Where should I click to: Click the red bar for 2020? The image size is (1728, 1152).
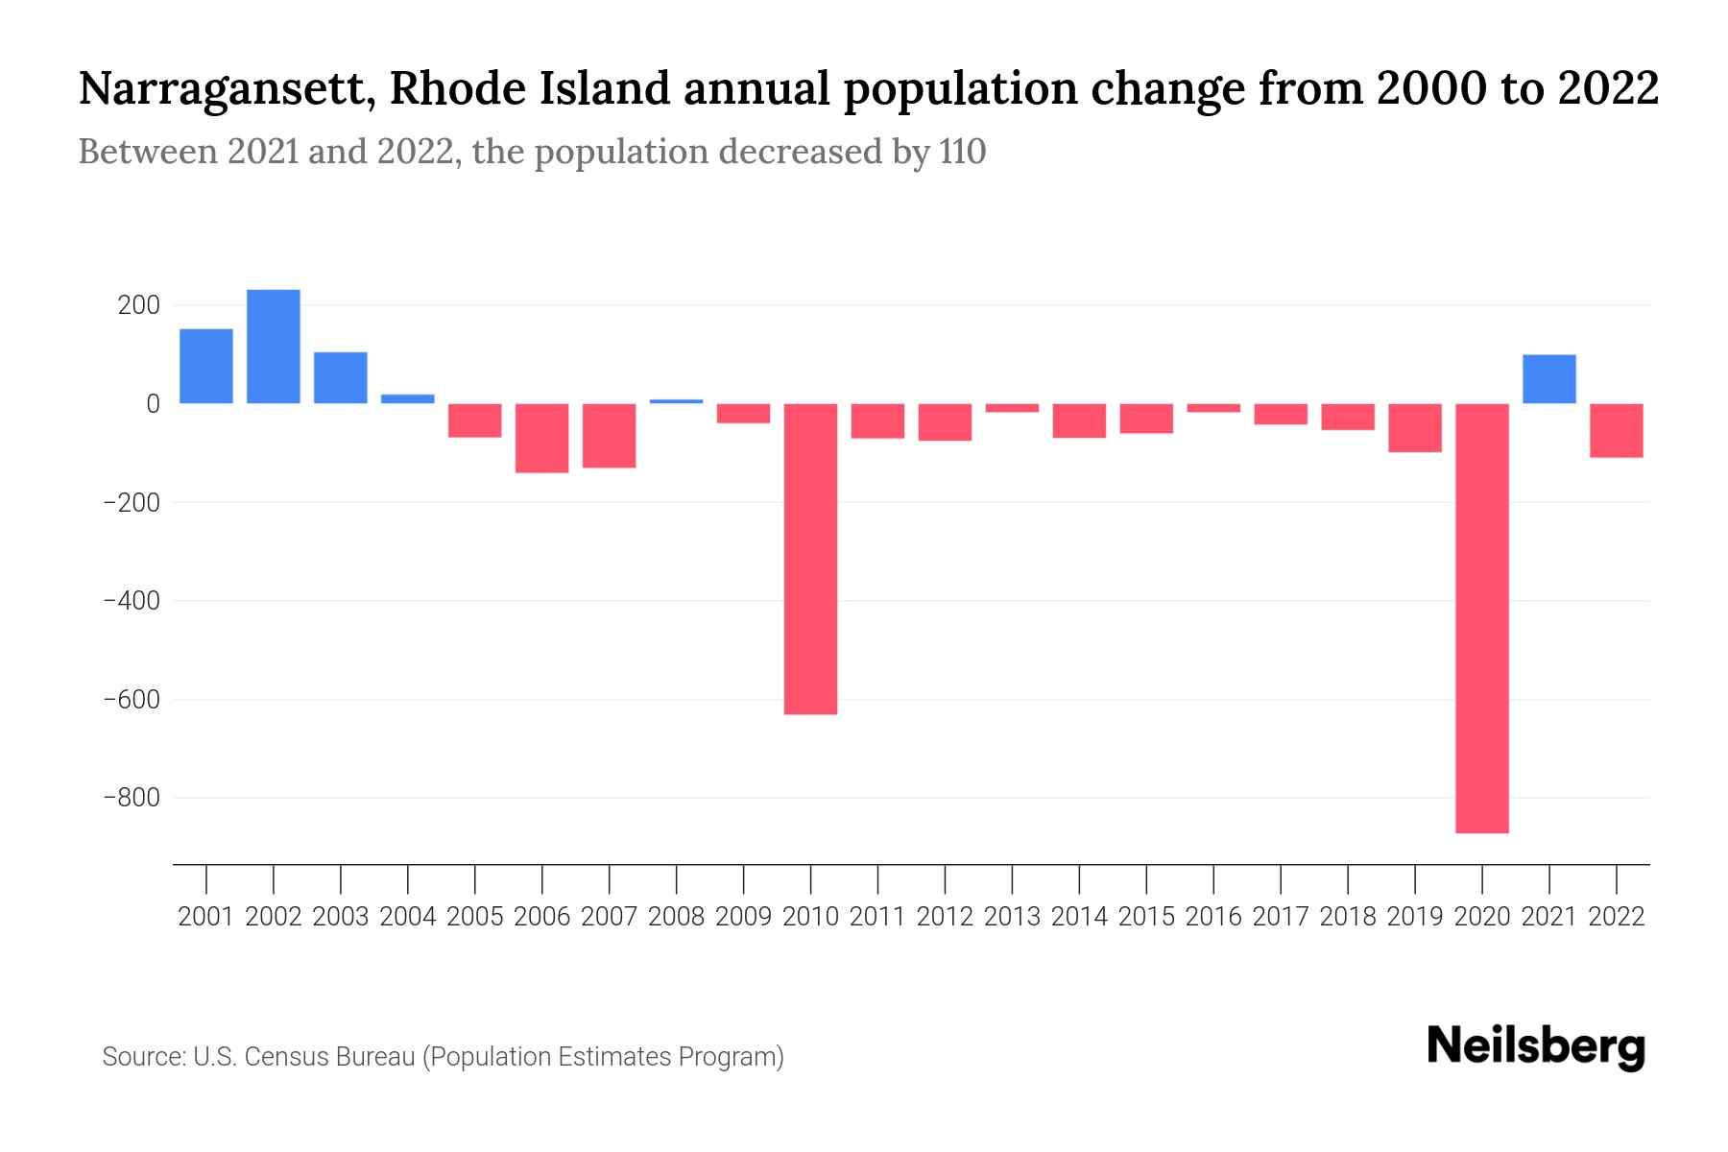click(x=1482, y=618)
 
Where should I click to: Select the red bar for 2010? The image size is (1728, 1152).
click(x=810, y=559)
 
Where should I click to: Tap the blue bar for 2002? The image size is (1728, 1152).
click(x=274, y=347)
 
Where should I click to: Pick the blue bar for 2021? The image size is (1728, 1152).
click(x=1548, y=379)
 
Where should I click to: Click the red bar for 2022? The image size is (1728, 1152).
click(x=1617, y=430)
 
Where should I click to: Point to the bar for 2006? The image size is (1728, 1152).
click(x=542, y=438)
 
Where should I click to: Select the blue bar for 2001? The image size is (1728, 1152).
click(x=206, y=366)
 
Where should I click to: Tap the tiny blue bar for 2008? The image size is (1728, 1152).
click(x=677, y=400)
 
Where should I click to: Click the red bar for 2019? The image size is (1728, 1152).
click(x=1415, y=427)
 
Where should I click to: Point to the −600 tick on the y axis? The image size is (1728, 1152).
click(x=132, y=700)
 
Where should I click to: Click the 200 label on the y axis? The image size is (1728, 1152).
click(x=138, y=306)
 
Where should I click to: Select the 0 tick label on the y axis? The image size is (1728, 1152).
click(x=153, y=404)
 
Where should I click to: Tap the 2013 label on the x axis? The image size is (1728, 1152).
click(x=1012, y=917)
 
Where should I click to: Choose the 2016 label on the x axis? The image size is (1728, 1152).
click(x=1213, y=917)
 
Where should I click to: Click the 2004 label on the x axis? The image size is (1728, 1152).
click(x=408, y=917)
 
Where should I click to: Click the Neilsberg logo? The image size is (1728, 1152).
click(x=1536, y=1047)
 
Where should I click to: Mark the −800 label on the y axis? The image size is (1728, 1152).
click(x=132, y=798)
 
